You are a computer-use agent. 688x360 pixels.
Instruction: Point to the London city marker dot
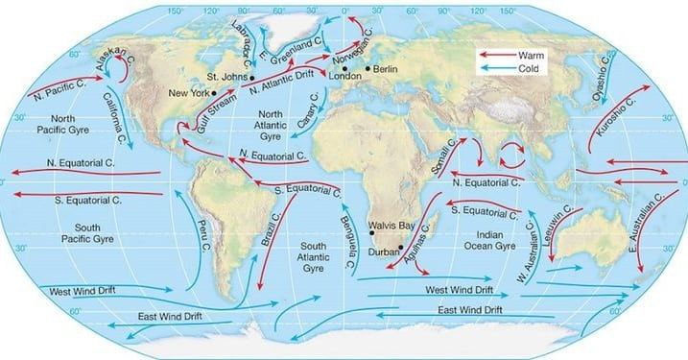click(x=344, y=68)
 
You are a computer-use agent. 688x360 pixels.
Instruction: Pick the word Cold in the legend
click(x=534, y=69)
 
